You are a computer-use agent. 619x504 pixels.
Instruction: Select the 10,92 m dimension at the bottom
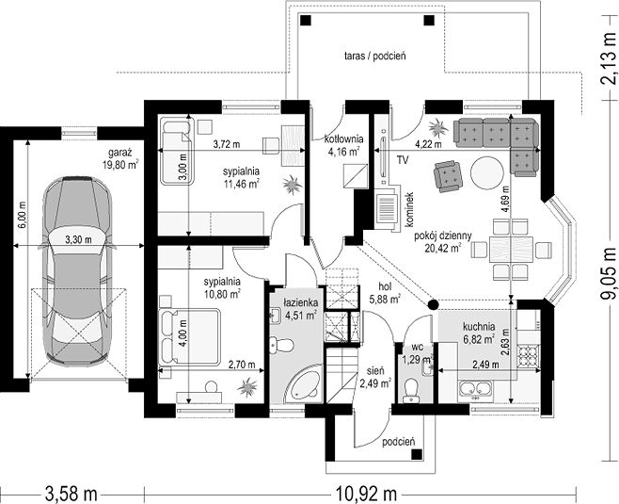[366, 494]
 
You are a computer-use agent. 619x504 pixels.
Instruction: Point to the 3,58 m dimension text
[71, 494]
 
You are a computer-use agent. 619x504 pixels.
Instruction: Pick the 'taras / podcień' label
[375, 56]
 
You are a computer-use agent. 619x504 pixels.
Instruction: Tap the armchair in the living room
[448, 176]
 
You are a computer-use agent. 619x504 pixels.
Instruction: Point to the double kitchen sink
[476, 389]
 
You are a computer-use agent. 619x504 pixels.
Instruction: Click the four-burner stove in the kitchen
[528, 355]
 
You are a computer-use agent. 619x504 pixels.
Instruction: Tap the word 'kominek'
[409, 210]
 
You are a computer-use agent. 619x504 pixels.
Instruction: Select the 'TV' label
[403, 160]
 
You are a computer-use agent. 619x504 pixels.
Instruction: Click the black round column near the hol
[422, 304]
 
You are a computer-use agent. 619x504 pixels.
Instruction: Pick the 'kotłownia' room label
[344, 138]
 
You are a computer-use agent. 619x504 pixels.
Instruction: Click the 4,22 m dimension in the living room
[428, 144]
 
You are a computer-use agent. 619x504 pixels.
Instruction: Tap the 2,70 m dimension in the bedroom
[242, 365]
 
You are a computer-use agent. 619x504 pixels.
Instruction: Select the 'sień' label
[375, 371]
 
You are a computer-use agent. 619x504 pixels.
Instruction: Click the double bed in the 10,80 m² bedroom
[189, 337]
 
